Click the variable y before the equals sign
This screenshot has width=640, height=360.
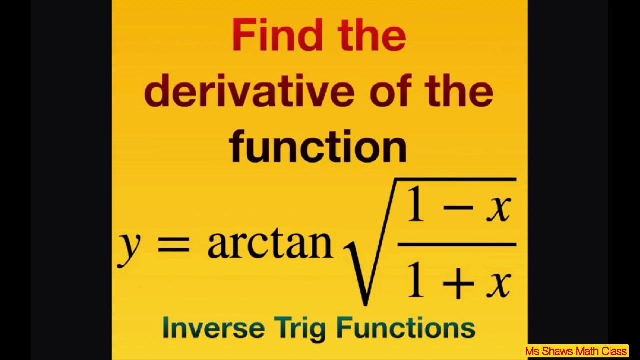pos(128,247)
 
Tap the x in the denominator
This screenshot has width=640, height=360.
pos(499,284)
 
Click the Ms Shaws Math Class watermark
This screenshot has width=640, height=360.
pos(576,351)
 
